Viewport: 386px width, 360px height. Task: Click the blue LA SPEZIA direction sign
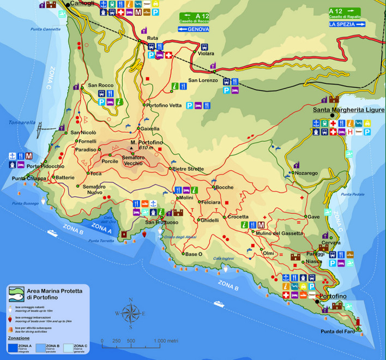pos(347,24)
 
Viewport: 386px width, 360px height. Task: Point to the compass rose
pos(130,313)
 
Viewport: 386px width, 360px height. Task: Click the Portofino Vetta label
pos(164,105)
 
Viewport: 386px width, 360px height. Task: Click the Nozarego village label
pos(306,173)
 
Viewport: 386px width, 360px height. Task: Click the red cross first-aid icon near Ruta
pos(169,56)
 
